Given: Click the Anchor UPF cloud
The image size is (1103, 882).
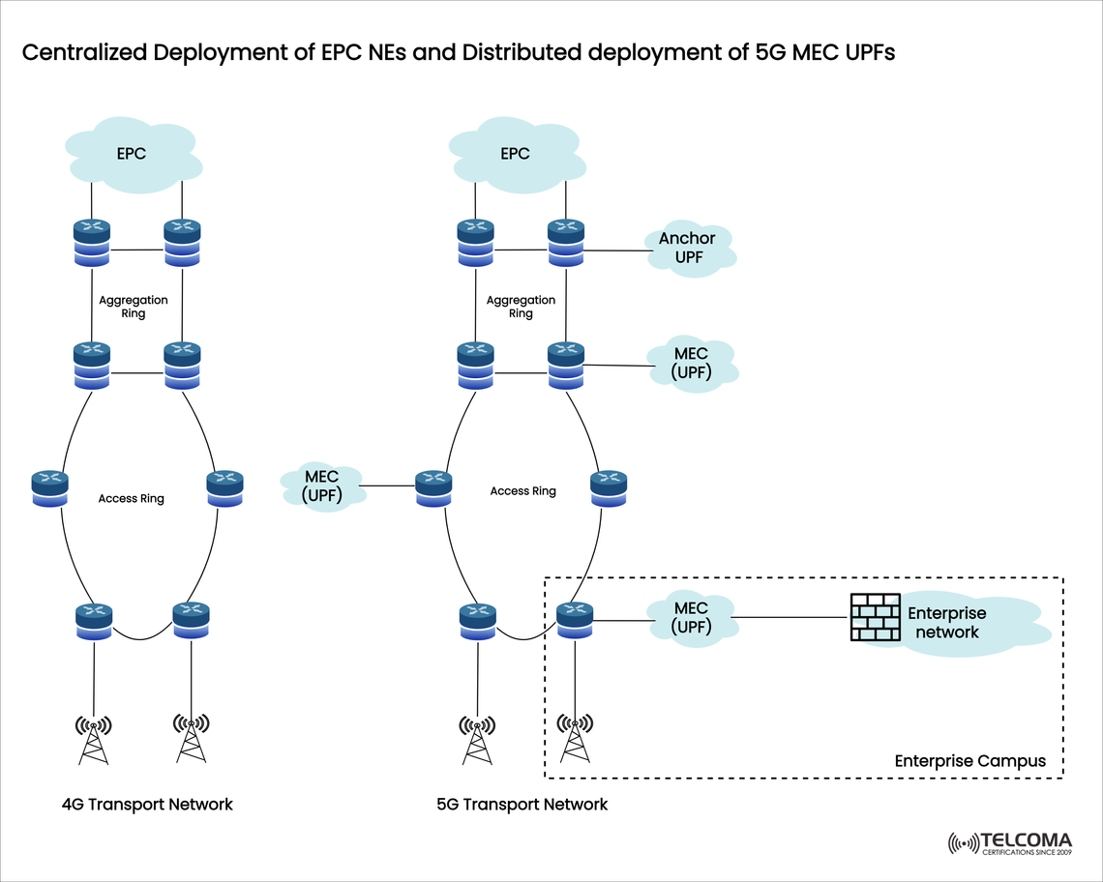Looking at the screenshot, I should (x=688, y=249).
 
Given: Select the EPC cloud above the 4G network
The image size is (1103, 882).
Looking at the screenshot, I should (x=132, y=154).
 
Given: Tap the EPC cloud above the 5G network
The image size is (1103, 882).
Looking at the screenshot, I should (x=516, y=154).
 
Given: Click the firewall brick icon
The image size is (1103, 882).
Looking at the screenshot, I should (x=875, y=617).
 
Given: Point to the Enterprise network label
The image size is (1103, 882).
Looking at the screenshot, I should (x=946, y=623).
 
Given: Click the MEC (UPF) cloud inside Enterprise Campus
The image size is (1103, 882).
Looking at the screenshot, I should (x=691, y=618).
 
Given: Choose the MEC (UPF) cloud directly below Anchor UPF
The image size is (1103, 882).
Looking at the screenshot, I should (x=691, y=364).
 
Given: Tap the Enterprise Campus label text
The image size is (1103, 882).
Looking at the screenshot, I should (x=969, y=761).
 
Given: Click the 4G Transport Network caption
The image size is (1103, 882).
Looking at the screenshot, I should (x=147, y=805).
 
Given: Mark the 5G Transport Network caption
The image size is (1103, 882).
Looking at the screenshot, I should (x=522, y=805).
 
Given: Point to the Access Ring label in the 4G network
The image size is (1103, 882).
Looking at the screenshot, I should (x=132, y=499).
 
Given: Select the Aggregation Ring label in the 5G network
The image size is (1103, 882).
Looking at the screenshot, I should (x=521, y=307).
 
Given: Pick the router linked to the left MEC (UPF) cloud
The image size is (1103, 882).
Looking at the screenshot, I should (x=433, y=486).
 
